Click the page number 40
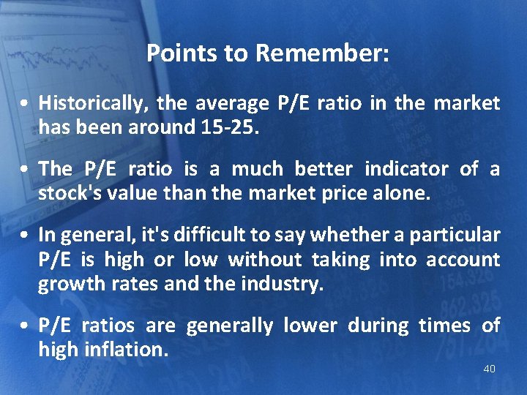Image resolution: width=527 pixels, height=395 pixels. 489,369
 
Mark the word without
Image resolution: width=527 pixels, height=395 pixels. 265,259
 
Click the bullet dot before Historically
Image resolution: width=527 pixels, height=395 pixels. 26,104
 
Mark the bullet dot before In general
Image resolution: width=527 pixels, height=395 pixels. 26,236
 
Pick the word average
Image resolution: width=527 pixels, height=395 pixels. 233,103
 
